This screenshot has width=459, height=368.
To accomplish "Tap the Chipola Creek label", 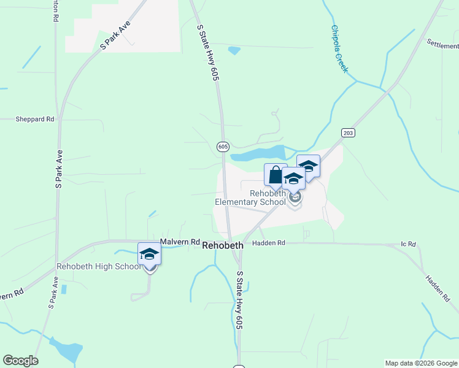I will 339,49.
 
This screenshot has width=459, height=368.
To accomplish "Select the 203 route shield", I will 348,132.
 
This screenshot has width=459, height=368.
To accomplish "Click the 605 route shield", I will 223,147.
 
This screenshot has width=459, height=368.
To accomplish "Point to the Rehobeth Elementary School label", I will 250,197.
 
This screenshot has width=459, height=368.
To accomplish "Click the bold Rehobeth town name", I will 223,244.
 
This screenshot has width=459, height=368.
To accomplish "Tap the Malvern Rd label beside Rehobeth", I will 180,242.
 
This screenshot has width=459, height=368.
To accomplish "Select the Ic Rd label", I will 408,244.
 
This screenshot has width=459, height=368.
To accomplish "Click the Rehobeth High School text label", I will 99,266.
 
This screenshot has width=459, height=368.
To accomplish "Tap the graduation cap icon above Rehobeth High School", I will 150,254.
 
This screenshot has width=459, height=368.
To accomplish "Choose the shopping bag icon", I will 276,174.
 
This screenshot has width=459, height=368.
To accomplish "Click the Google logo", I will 20,361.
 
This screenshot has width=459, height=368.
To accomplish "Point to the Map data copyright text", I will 421,363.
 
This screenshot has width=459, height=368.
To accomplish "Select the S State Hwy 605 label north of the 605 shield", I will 207,53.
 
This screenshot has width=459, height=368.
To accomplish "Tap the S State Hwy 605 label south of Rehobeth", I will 240,301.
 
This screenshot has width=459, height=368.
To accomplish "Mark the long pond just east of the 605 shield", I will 258,153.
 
